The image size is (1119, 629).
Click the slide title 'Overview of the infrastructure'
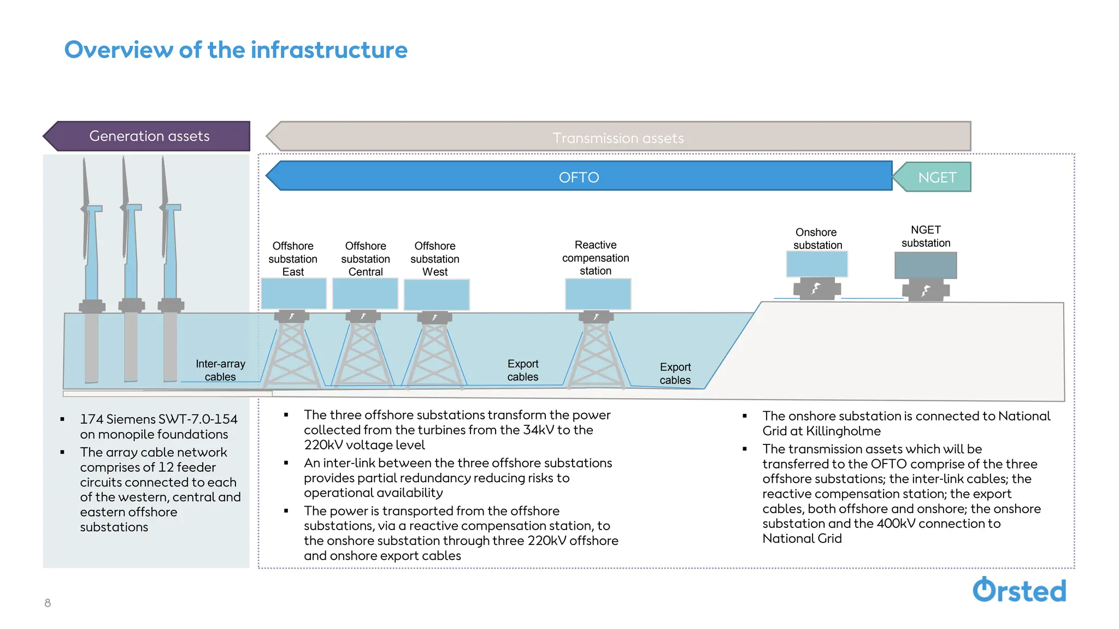click(x=235, y=50)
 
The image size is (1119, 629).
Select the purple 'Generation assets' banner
click(x=149, y=136)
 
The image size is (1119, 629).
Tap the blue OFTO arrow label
click(x=579, y=177)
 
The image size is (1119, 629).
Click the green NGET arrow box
click(x=937, y=177)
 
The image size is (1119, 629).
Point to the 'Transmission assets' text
click(x=618, y=138)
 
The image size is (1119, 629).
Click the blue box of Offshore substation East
click(x=293, y=293)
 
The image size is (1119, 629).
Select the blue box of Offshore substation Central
click(x=365, y=293)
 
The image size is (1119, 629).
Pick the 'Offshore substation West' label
click(x=435, y=259)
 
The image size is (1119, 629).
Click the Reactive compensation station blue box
click(x=598, y=294)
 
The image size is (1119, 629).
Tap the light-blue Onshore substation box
click(x=817, y=264)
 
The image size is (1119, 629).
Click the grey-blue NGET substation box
click(x=925, y=265)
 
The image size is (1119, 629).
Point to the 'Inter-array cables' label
click(x=220, y=370)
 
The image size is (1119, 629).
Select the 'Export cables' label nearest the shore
click(x=675, y=373)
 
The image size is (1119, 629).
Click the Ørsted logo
click(x=1019, y=590)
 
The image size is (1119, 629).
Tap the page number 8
click(x=48, y=603)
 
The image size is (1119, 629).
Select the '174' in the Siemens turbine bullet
click(x=91, y=419)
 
